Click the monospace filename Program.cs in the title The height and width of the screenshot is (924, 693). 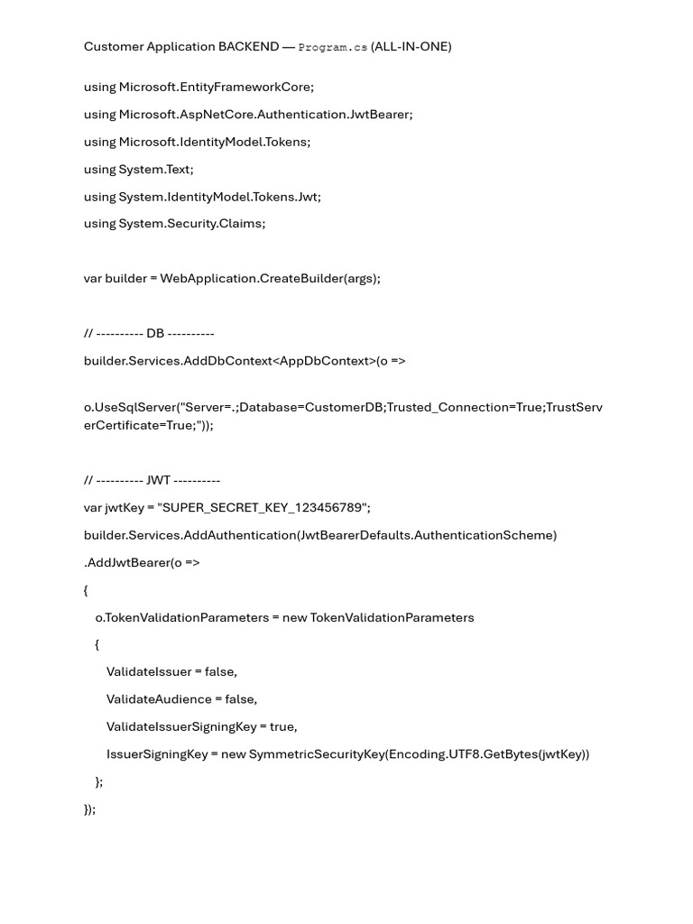tap(332, 47)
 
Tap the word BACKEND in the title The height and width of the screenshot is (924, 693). tap(248, 47)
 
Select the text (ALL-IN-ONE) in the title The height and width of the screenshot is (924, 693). tap(411, 47)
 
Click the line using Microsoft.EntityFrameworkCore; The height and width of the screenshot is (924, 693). tap(199, 88)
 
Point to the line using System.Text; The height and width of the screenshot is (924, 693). tap(138, 169)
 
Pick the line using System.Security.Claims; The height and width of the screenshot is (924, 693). tap(174, 223)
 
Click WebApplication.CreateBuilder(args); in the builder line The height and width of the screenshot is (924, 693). tap(270, 278)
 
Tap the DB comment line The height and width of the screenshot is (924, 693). tap(149, 333)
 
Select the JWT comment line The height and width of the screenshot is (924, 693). tap(152, 480)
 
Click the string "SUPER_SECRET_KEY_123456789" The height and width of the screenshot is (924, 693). tap(264, 508)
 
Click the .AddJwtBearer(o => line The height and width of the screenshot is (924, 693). tap(142, 562)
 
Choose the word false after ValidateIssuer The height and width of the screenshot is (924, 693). tap(220, 671)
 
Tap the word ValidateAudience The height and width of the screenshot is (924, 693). tap(159, 698)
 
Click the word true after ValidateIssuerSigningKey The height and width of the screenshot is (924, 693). tap(282, 726)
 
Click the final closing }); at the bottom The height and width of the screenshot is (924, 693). tap(89, 808)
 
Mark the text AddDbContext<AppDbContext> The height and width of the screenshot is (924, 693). tap(280, 360)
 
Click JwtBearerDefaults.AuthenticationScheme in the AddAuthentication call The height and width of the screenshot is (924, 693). tap(426, 535)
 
